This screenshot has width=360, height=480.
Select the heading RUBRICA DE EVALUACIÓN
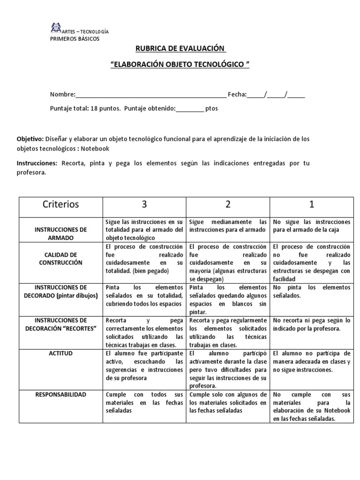tap(180, 49)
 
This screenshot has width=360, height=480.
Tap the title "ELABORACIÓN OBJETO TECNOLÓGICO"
tap(180, 64)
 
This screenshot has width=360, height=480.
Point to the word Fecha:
tap(237, 94)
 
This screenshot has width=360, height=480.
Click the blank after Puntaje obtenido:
tap(190, 108)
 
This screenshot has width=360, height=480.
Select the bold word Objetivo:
tap(30, 139)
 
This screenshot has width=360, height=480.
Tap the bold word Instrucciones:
tap(37, 163)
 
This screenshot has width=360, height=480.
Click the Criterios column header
tap(61, 204)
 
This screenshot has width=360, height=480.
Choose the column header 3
tap(144, 204)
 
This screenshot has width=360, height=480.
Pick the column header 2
tap(228, 204)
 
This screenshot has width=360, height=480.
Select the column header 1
tap(311, 204)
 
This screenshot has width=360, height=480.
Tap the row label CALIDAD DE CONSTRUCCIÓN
tap(61, 259)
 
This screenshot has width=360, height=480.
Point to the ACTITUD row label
tap(61, 353)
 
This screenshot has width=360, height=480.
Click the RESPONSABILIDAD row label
tap(61, 395)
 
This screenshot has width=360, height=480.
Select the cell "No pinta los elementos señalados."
tap(311, 291)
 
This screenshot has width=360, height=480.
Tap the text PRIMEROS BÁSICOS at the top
tap(75, 39)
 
